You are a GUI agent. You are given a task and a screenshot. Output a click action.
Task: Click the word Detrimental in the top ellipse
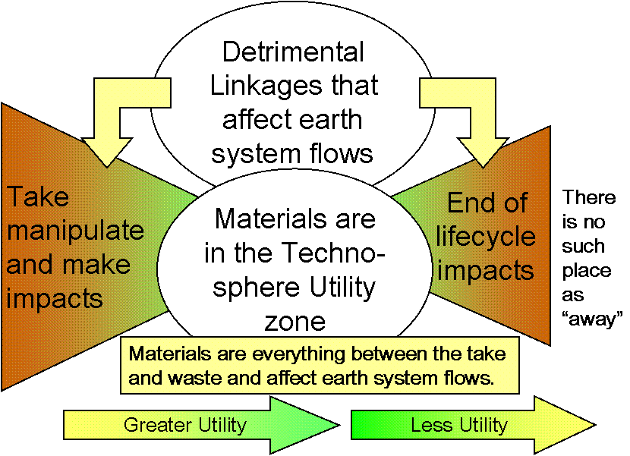coord(293,53)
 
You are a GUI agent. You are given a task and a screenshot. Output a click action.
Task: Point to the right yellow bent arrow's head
coord(476,149)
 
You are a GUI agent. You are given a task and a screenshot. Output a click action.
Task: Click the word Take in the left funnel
coord(38,197)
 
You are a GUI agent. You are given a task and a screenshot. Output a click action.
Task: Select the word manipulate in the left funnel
coord(75,231)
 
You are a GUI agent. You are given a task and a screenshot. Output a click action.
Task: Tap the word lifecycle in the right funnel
coord(486,237)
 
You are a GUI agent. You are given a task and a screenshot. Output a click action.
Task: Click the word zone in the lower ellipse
coord(295,321)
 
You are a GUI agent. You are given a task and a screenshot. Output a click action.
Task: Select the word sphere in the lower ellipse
coord(253,288)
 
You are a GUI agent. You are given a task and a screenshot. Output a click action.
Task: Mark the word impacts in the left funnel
coord(55,297)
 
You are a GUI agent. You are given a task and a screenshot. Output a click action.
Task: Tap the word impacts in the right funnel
coord(486,271)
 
